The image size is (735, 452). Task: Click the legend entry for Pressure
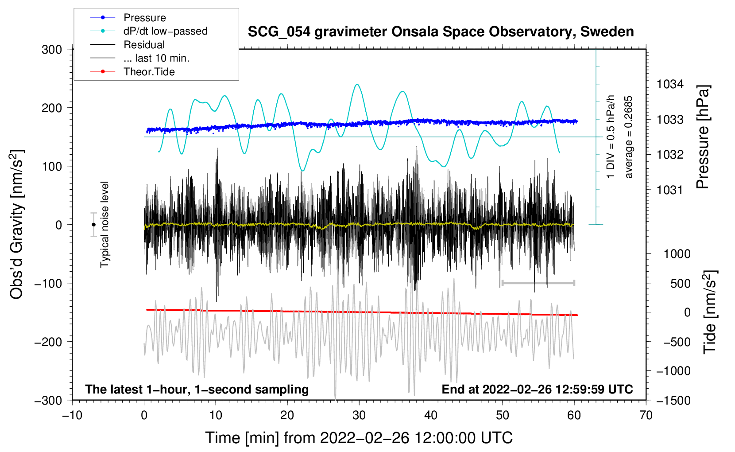click(144, 18)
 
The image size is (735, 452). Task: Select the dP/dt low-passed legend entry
click(165, 31)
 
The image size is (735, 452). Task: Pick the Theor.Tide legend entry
click(149, 72)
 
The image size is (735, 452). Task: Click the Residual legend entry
click(144, 45)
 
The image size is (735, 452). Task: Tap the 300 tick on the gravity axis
click(52, 50)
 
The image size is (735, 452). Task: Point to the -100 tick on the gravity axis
click(49, 283)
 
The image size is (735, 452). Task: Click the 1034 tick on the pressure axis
click(669, 84)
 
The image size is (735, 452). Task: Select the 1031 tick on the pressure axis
click(669, 190)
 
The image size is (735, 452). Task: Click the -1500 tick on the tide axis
click(673, 400)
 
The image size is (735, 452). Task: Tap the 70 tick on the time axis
click(646, 415)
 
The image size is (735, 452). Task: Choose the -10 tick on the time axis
click(72, 415)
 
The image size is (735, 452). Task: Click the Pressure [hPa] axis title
click(703, 137)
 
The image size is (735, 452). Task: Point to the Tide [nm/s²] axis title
click(709, 312)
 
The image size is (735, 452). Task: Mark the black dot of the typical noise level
click(93, 225)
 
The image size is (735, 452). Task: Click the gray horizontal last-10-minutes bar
click(538, 283)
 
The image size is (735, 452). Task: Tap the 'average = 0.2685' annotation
click(629, 137)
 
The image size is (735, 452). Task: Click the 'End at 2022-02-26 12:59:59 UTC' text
click(537, 389)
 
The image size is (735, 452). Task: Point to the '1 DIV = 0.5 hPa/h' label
click(611, 136)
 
